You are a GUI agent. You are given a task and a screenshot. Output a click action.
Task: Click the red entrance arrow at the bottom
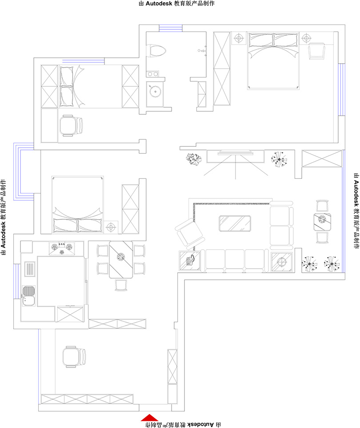point(149,418)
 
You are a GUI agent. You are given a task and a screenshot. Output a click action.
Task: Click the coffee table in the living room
point(235,223)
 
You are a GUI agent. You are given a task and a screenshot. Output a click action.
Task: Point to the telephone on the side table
point(190,260)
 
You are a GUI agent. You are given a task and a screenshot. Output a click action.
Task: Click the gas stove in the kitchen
point(62,249)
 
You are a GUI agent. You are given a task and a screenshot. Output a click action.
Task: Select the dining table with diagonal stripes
point(121,259)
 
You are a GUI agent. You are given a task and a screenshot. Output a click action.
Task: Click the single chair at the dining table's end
point(121,285)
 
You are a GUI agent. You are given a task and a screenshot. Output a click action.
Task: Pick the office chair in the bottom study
point(74,357)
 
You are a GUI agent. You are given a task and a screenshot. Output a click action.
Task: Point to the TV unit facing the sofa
point(236,157)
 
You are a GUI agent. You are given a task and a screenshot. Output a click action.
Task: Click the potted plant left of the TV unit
point(194,159)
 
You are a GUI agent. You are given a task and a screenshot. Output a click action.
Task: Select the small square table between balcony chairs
point(322,222)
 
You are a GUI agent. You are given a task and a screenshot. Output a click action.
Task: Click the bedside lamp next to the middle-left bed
point(111,227)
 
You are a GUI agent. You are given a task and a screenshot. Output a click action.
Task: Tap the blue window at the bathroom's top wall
point(171,28)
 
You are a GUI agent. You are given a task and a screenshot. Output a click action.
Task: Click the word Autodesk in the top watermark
point(159,4)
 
